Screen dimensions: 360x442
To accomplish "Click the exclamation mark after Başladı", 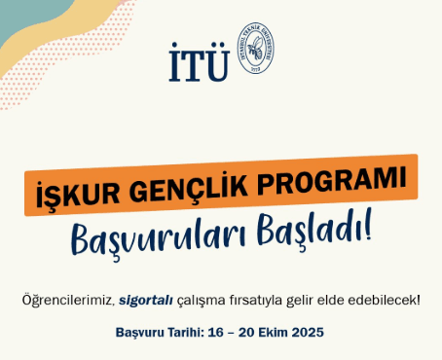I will tap(367, 228).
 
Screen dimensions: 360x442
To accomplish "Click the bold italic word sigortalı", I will tap(145, 299).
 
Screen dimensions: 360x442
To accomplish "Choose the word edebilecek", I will tap(387, 299).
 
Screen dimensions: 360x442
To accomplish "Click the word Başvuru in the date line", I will tap(142, 332).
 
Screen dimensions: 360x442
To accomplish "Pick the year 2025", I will tap(313, 332).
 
